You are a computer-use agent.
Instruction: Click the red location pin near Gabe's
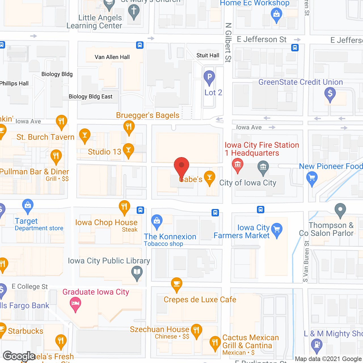point(181,166)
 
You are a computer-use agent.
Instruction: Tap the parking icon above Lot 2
point(209,77)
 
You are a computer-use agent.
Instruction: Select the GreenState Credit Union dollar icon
point(330,93)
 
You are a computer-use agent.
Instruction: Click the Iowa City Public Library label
point(109,261)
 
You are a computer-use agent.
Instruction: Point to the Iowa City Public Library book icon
point(137,272)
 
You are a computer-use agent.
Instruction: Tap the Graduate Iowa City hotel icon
point(75,303)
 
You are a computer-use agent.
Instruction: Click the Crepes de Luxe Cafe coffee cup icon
point(177,284)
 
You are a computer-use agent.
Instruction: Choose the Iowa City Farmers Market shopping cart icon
point(277,229)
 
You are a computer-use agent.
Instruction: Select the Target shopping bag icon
point(28,205)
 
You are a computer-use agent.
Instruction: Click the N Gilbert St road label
point(228,43)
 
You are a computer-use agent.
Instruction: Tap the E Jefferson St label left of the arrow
point(261,39)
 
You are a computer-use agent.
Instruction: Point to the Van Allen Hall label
point(112,57)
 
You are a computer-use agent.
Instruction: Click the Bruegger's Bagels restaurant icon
point(129,126)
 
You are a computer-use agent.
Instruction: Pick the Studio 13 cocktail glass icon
point(128,149)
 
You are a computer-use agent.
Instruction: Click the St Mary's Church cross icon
point(134,11)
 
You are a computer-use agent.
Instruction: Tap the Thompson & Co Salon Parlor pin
point(340,210)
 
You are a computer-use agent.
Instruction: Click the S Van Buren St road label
point(306,261)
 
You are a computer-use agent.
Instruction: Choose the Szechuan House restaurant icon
point(196,330)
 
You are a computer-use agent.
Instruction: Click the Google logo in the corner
point(19,356)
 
